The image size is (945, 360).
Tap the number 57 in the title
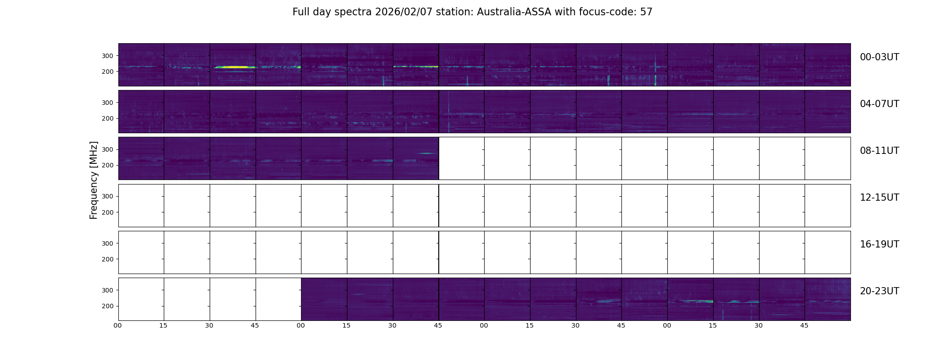click(646, 12)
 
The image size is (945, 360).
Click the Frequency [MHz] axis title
click(94, 180)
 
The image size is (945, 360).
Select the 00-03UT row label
click(879, 57)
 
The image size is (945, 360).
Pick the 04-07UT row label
click(879, 104)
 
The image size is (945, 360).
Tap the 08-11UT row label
click(879, 151)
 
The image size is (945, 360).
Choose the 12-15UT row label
click(879, 198)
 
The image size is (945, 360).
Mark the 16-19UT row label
click(879, 244)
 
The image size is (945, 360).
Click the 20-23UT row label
click(879, 291)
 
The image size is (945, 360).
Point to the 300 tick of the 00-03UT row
click(108, 56)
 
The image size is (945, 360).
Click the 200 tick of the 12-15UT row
click(108, 212)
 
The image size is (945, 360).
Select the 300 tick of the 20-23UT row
click(108, 290)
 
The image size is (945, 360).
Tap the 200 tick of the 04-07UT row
click(108, 118)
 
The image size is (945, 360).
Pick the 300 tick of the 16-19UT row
click(108, 243)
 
